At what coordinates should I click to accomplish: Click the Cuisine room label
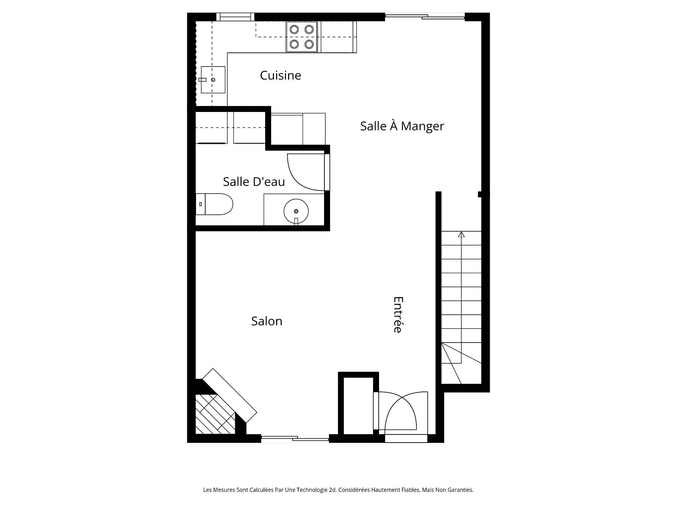(280, 75)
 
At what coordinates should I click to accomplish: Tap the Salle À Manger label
(402, 126)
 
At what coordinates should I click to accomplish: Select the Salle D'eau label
(254, 182)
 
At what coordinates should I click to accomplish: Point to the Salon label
(267, 321)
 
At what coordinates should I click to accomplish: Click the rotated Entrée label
(398, 314)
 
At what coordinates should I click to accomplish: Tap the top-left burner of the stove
(294, 30)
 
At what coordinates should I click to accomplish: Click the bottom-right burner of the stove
(309, 44)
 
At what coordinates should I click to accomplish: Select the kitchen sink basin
(213, 80)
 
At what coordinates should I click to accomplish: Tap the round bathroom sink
(296, 211)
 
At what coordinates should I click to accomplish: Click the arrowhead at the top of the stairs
(462, 234)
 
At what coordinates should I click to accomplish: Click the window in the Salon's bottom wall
(295, 439)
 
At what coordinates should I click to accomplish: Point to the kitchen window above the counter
(235, 17)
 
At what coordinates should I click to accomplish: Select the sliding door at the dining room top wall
(425, 16)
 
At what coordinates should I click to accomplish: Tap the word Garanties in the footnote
(461, 490)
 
